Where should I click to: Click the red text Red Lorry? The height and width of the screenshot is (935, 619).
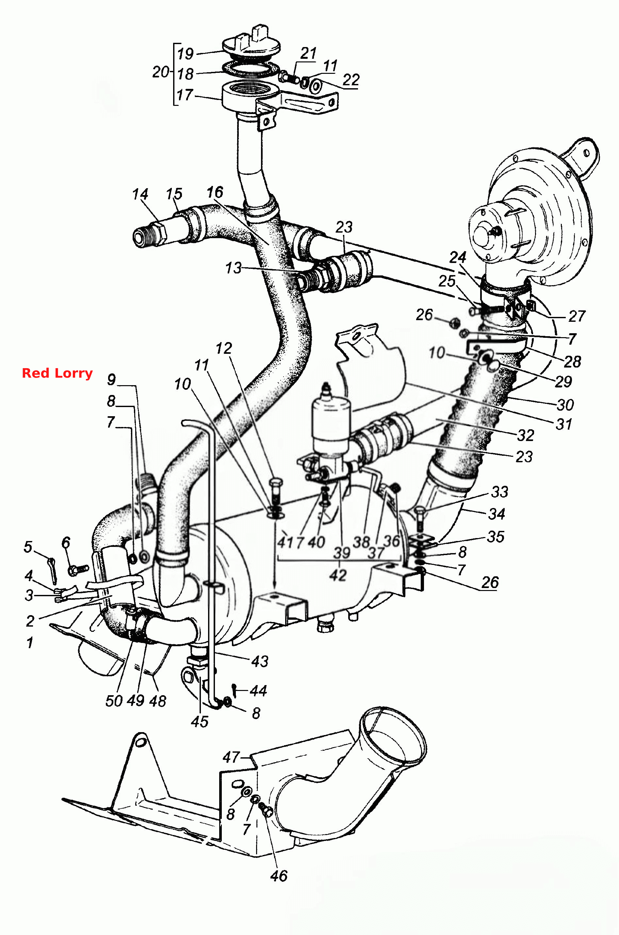(x=57, y=373)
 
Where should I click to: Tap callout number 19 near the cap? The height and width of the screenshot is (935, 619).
(x=185, y=53)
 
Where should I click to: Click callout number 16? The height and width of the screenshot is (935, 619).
(x=215, y=192)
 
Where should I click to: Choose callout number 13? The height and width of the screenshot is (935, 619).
(x=233, y=268)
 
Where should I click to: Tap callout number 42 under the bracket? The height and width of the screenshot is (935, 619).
(x=338, y=575)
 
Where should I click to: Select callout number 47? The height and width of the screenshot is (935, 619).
(x=231, y=757)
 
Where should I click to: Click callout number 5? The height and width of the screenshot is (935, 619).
(x=28, y=547)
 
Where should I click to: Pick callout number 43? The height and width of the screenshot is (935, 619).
(x=260, y=661)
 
